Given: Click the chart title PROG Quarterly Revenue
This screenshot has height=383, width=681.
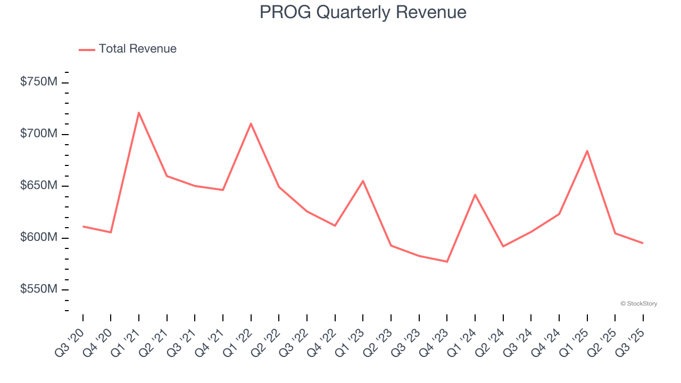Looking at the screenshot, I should (x=363, y=12).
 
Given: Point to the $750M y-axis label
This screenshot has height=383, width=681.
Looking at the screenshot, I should (x=39, y=82).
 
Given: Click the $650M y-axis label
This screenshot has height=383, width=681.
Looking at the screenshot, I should (x=39, y=186).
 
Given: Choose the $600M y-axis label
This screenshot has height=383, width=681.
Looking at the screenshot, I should (x=39, y=237).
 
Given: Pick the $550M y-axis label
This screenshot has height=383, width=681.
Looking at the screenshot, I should (x=39, y=289).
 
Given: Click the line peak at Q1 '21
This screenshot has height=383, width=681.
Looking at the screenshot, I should (x=139, y=112).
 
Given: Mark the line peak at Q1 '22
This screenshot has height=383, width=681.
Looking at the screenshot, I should (x=251, y=123).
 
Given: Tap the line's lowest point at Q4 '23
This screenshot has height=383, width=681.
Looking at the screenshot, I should (x=447, y=262).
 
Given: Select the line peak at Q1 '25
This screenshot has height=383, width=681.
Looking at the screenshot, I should (x=587, y=151).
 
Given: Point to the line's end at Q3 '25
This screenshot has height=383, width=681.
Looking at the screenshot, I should (x=643, y=243).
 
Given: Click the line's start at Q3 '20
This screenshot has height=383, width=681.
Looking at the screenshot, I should (x=83, y=227).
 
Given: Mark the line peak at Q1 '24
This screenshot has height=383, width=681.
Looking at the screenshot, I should (x=475, y=195).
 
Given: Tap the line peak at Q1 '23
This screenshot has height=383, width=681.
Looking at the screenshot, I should (x=363, y=181).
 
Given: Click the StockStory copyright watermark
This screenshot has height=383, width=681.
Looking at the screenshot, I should (x=638, y=304).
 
